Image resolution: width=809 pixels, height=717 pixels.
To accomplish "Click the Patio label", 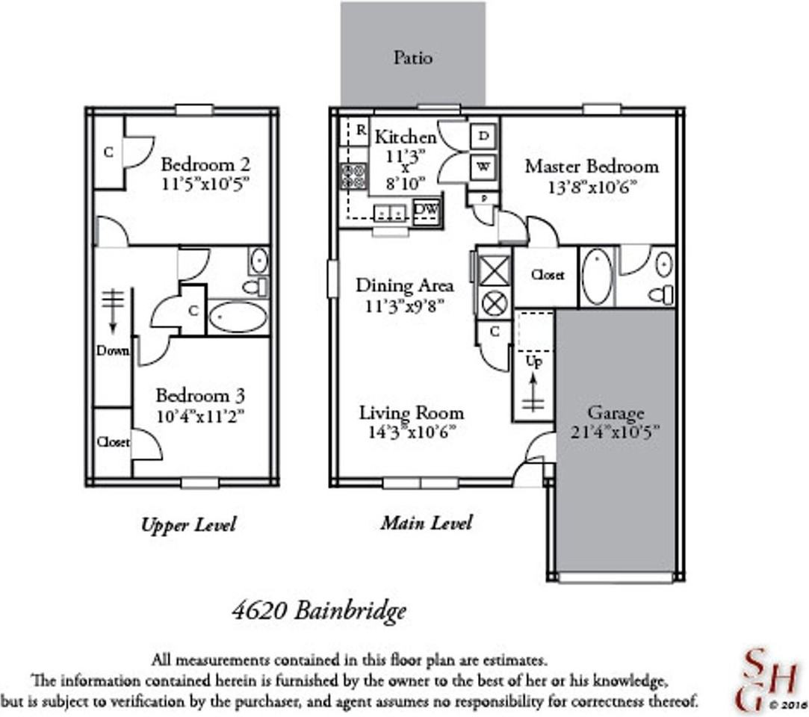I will pos(413,58).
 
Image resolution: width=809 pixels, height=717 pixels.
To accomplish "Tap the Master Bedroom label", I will pos(592,166).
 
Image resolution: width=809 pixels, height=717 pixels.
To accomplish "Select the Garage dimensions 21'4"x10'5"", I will pos(617,431).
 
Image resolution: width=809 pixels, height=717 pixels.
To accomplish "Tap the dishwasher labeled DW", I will pos(426,210).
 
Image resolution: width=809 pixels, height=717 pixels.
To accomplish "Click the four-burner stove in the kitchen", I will pos(353,176).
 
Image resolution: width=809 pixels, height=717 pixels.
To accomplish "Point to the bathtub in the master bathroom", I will pos(597,277).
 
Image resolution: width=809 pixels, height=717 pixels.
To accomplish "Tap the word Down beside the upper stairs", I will pos(112,350).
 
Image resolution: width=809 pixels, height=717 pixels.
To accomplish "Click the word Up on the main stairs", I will pos(534,362).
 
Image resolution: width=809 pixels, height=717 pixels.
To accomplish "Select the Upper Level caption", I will pos(188,525).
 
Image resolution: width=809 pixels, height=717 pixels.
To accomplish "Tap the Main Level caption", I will pos(426,523).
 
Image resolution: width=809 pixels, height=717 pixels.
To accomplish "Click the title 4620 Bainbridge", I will pos(320,611).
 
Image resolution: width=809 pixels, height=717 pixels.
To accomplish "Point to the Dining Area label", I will pos(404,285).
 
